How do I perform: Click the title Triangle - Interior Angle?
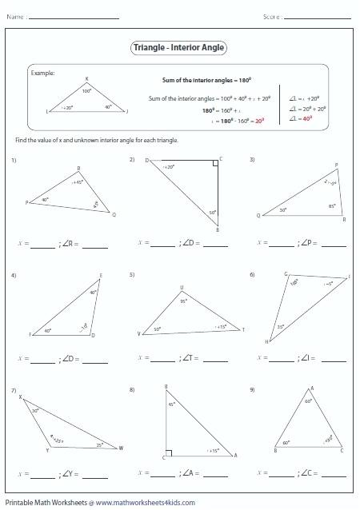(179, 48)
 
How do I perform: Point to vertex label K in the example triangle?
(86, 78)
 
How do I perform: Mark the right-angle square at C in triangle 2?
(215, 163)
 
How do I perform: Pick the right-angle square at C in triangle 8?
(169, 453)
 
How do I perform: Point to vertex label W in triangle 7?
(121, 448)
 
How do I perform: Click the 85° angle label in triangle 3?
(330, 206)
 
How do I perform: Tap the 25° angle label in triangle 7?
(99, 444)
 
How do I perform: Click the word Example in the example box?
(42, 73)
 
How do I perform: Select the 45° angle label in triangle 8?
(172, 404)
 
